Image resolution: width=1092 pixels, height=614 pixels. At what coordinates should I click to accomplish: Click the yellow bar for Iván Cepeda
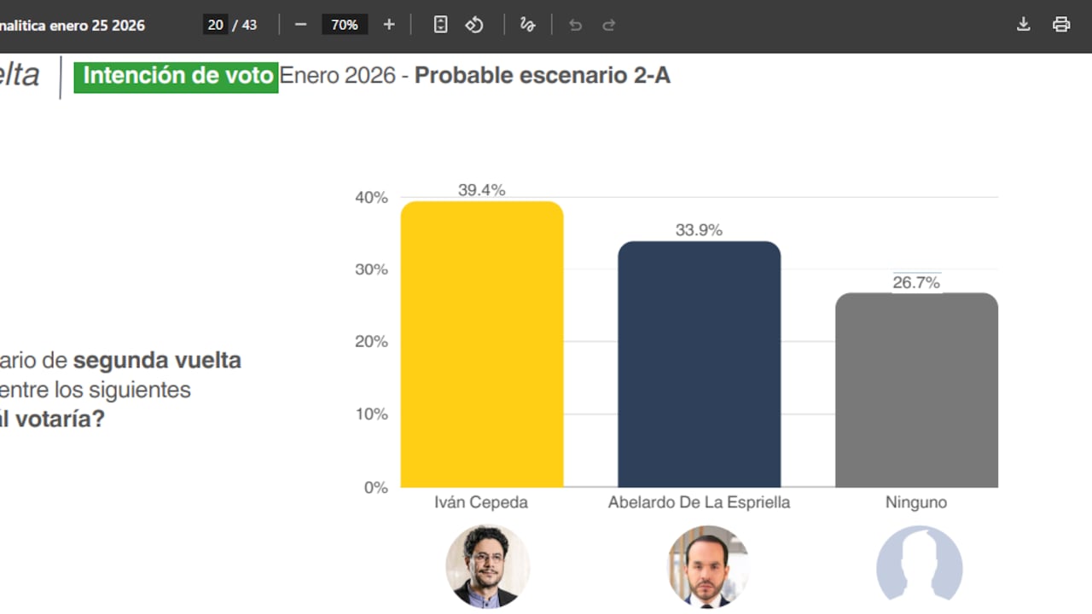click(482, 345)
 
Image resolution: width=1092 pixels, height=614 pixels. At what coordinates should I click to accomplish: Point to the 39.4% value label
click(482, 190)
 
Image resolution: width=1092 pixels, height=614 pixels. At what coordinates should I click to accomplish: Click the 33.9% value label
click(699, 230)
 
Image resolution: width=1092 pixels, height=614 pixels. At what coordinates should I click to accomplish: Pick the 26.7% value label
click(916, 282)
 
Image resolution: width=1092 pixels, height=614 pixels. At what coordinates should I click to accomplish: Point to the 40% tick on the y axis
click(371, 198)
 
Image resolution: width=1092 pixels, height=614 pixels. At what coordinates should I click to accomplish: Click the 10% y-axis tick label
click(371, 414)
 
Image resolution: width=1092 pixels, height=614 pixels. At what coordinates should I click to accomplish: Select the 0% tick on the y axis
click(375, 488)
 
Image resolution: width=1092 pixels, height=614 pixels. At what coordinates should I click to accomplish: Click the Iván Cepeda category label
click(481, 502)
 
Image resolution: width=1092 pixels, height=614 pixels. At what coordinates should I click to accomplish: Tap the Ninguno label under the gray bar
click(916, 502)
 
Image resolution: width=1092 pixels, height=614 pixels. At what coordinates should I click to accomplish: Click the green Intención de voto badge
click(177, 76)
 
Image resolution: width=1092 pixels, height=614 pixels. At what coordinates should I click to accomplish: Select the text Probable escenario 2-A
click(543, 76)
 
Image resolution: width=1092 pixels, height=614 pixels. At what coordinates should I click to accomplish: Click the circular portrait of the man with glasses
click(487, 566)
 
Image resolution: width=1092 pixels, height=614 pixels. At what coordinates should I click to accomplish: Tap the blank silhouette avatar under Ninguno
click(919, 566)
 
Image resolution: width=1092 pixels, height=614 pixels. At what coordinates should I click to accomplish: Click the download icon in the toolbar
click(1024, 25)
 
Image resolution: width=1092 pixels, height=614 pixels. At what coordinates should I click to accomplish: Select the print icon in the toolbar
click(1061, 25)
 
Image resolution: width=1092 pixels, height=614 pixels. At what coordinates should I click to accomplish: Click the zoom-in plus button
click(389, 25)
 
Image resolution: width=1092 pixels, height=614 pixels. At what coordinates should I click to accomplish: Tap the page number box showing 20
click(216, 25)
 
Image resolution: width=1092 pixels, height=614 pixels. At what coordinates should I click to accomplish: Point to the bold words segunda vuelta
click(157, 361)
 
